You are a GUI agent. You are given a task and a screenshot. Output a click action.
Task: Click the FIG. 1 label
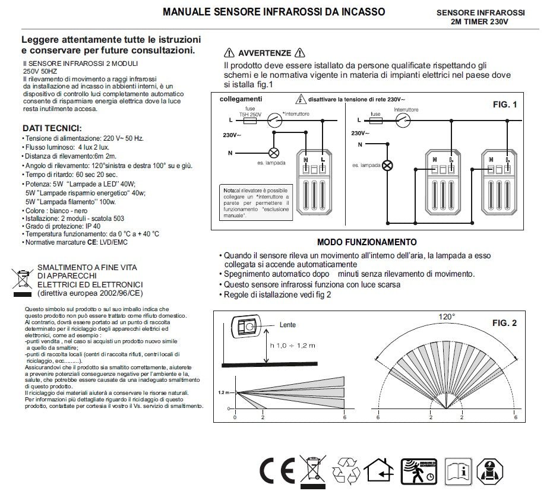[x=505, y=104]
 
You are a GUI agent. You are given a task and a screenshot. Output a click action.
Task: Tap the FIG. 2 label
[x=504, y=323]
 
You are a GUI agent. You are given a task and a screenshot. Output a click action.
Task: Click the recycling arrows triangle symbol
[x=346, y=471]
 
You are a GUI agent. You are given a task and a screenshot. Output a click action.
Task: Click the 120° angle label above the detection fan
[x=446, y=317]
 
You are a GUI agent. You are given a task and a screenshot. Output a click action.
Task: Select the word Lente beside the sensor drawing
[x=287, y=325]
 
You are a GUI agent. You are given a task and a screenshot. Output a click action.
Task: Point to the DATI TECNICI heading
[x=52, y=128]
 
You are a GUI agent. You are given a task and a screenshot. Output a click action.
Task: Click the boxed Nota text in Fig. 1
[x=253, y=202]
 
